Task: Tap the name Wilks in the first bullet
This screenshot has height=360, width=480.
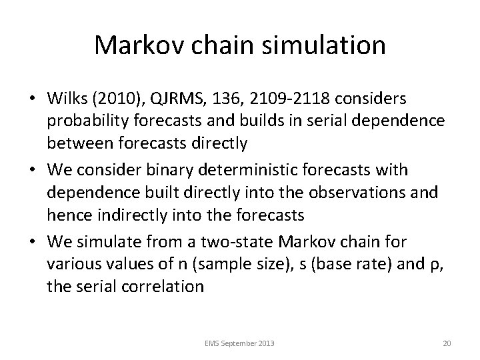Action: (x=65, y=98)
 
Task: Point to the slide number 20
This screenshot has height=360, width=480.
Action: (x=447, y=343)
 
